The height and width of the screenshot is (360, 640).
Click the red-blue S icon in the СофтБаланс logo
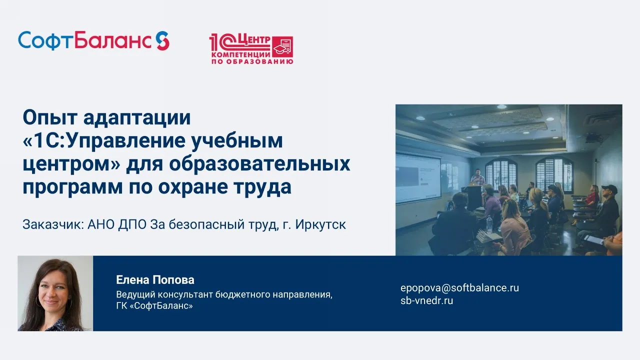click(162, 40)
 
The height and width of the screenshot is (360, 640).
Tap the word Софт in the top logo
click(46, 41)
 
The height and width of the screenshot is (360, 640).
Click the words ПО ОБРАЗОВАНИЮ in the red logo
click(252, 61)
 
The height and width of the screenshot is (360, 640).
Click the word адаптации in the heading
click(137, 118)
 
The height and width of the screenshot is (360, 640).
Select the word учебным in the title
click(237, 141)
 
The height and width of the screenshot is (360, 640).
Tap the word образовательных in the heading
click(259, 163)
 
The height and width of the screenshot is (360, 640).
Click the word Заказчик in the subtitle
click(53, 224)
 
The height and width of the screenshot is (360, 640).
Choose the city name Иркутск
click(320, 224)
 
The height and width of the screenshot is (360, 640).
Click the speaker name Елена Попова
click(155, 280)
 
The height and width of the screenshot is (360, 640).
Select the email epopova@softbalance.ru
click(459, 287)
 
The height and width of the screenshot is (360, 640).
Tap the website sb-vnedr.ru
click(426, 301)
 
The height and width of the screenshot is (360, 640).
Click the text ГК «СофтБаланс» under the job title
click(154, 306)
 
